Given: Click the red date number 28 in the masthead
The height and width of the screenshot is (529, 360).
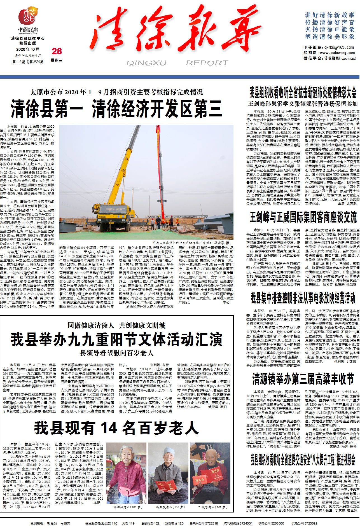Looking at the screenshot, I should (x=57, y=51).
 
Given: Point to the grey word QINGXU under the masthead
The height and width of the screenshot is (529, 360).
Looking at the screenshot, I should (x=146, y=63).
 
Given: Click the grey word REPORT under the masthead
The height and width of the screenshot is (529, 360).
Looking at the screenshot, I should (x=207, y=63).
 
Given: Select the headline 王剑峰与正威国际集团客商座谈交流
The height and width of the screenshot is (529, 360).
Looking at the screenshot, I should (x=303, y=217).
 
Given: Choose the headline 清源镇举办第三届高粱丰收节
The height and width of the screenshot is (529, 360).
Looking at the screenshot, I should (x=303, y=379).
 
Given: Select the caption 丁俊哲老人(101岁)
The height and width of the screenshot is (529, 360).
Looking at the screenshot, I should (x=211, y=499).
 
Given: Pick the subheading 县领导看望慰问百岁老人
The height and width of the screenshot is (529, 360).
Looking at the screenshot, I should (x=116, y=353).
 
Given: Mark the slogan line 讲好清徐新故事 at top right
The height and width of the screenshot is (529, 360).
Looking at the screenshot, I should (x=329, y=15).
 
